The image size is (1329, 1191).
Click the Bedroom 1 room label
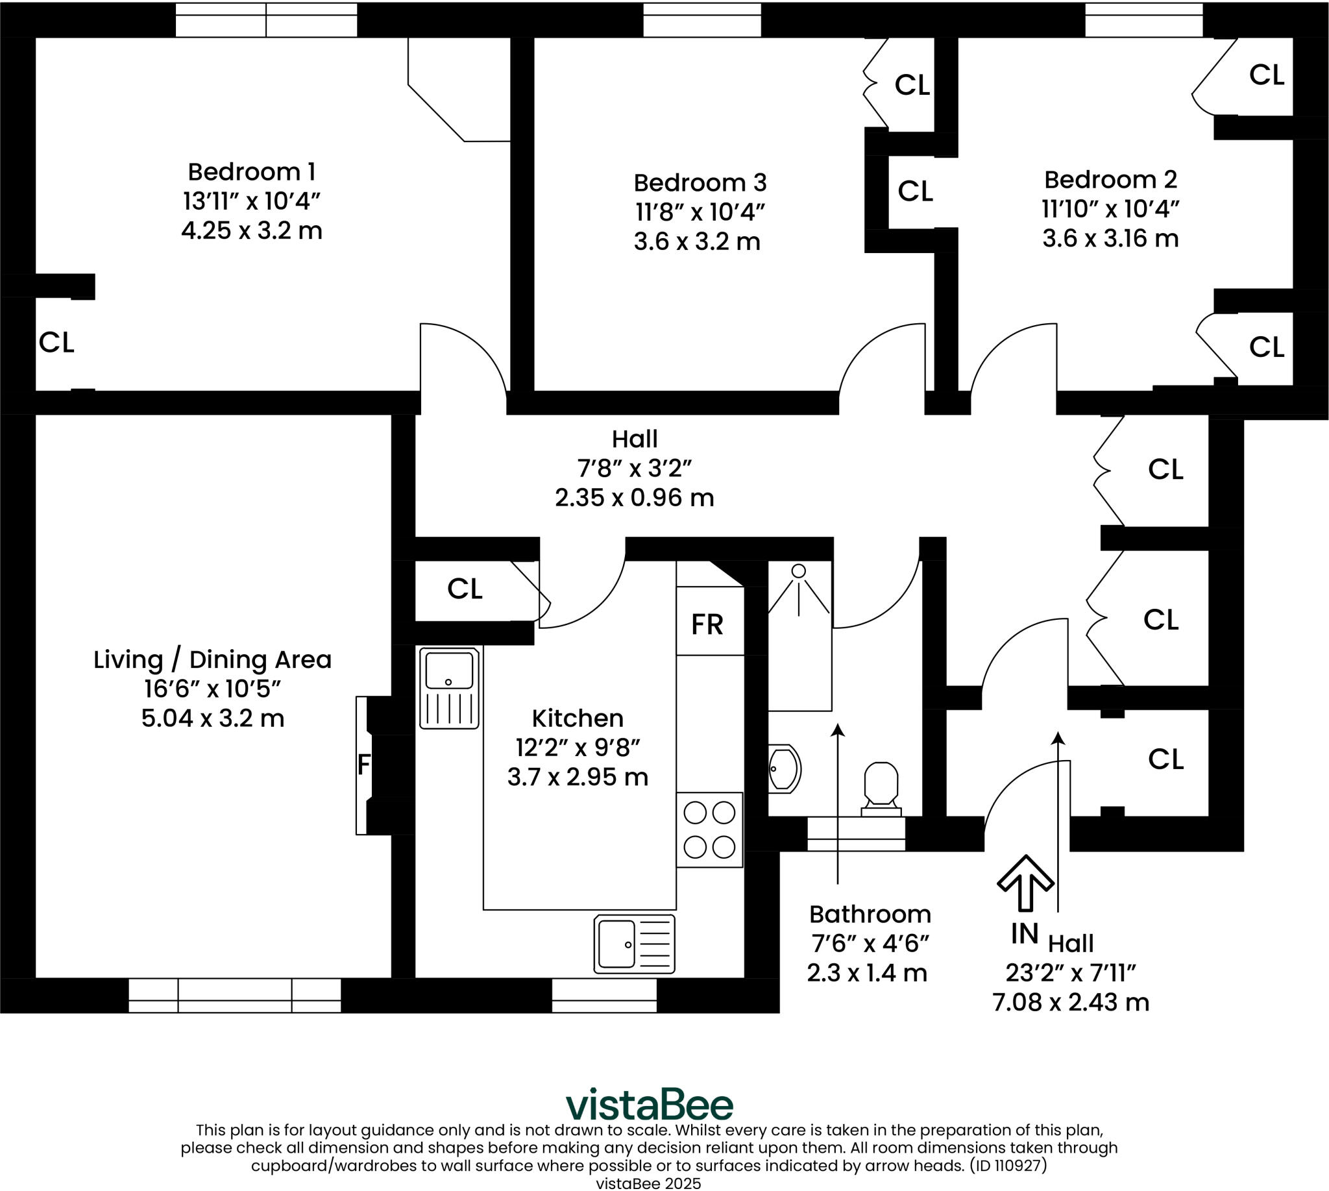pos(251,172)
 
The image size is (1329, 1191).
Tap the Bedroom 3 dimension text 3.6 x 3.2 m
pos(697,242)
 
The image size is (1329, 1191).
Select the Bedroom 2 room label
pos(1110,179)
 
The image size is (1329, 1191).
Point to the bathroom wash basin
pos(784,768)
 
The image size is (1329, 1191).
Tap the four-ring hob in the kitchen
pos(709,829)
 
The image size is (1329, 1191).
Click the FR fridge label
pos(707,625)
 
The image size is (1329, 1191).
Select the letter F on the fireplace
pos(364,765)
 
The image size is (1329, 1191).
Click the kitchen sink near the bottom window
pos(634,944)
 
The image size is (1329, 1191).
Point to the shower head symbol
pos(798,571)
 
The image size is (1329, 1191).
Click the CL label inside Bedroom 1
pos(56,342)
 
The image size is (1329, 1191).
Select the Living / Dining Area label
pos(213,659)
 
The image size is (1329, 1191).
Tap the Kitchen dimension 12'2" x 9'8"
pos(577,747)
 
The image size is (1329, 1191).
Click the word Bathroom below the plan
pos(870,915)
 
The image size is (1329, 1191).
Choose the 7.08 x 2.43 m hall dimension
pos(1071,1003)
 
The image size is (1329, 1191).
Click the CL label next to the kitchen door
pos(465,589)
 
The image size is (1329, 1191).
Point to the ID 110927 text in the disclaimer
pos(1008,1165)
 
